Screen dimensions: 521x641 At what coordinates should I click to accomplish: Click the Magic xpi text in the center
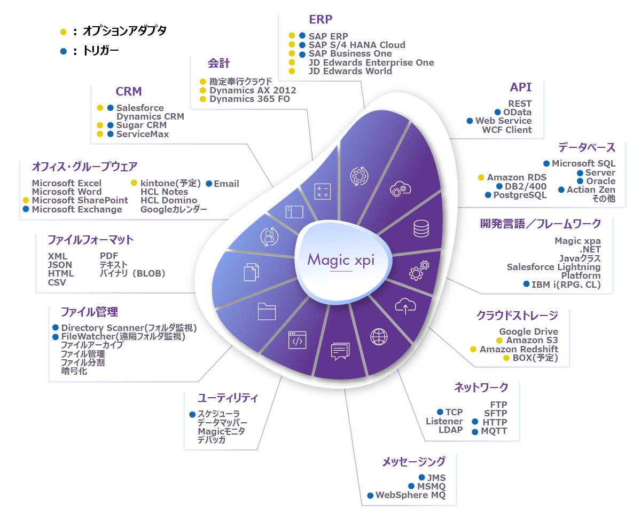pos(341,260)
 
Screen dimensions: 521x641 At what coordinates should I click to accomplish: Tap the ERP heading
pos(320,20)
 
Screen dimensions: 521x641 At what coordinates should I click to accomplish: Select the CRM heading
pos(129,92)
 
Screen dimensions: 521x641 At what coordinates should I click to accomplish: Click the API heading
pos(520,88)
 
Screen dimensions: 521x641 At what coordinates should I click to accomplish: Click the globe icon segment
pos(379,336)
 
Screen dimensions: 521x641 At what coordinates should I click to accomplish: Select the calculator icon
pos(322,191)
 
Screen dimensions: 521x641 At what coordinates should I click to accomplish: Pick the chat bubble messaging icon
pos(340,351)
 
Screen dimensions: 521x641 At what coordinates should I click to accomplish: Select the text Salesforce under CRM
pos(140,108)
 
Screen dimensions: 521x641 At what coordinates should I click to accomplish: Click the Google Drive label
pos(528,331)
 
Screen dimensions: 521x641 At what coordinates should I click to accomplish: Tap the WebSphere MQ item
pos(410,495)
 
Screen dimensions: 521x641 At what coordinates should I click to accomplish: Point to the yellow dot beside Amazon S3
pos(499,340)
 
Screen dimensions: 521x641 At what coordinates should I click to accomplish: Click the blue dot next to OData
pos(498,112)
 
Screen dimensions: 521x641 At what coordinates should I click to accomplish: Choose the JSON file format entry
pos(59,265)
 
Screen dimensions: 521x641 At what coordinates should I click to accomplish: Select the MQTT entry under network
pos(494,431)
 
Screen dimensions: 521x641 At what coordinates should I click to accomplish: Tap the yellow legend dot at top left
pos(63,32)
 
